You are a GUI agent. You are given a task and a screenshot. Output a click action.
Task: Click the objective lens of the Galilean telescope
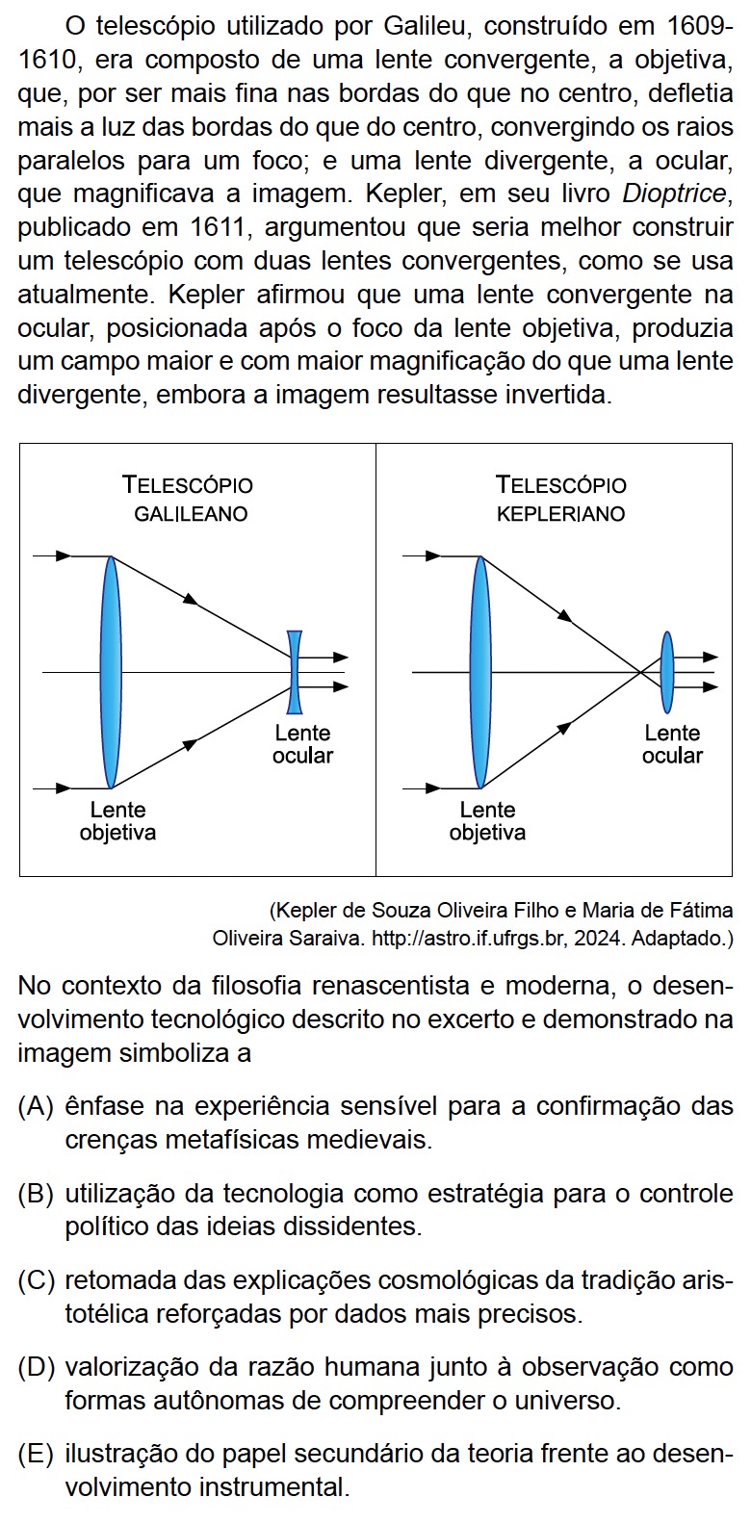(x=112, y=671)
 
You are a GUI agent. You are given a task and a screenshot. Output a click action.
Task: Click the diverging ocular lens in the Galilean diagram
(x=295, y=671)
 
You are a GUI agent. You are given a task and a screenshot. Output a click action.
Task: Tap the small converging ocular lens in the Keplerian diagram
(x=666, y=671)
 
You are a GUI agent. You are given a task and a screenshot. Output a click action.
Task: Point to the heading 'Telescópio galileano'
(x=189, y=499)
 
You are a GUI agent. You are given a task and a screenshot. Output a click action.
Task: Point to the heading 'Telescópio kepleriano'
(x=560, y=499)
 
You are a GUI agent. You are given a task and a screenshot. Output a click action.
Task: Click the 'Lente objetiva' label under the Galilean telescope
(x=117, y=820)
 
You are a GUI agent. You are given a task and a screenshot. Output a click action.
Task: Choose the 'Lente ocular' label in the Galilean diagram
(x=302, y=744)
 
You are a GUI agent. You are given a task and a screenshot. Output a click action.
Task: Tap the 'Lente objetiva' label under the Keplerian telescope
(x=487, y=820)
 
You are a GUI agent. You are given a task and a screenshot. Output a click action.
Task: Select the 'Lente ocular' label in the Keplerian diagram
(x=672, y=744)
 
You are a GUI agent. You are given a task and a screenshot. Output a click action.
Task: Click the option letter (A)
(x=36, y=1106)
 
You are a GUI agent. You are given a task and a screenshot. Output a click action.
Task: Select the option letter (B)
(x=36, y=1194)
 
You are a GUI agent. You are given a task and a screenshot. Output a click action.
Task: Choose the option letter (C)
(x=36, y=1280)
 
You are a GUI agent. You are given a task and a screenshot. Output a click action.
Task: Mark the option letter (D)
(x=36, y=1367)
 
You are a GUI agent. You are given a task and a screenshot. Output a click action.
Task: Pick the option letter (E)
(x=36, y=1454)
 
